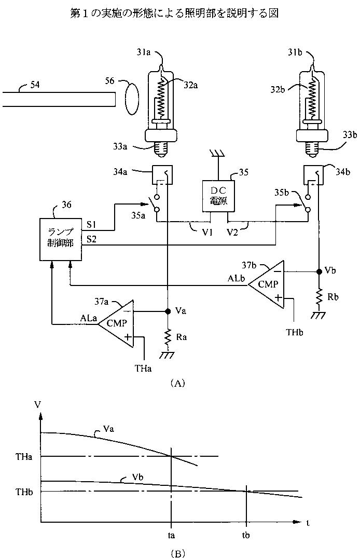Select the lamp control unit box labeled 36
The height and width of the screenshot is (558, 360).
point(60,239)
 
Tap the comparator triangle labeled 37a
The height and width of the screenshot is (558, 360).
point(117,323)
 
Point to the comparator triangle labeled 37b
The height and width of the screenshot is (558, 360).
point(267,284)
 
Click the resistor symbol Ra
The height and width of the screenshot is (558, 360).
point(167,337)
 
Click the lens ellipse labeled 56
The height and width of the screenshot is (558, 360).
point(131,99)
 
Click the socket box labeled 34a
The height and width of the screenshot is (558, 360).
point(162,175)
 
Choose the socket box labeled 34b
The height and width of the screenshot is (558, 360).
point(313,175)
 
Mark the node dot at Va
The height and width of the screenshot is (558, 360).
point(167,311)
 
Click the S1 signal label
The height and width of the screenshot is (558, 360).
point(91,225)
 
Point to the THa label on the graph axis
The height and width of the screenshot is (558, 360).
point(24,457)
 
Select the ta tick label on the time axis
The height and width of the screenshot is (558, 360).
point(171,535)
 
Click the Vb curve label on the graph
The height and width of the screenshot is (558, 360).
point(137,477)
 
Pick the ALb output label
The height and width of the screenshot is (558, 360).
point(236,278)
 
